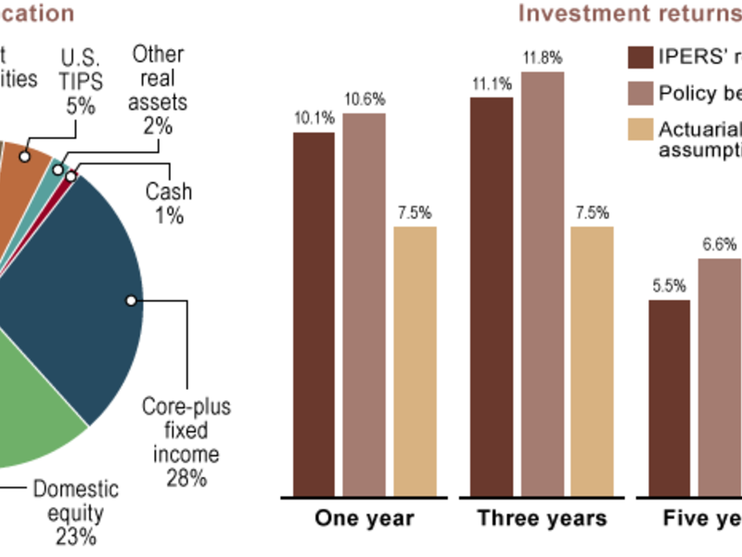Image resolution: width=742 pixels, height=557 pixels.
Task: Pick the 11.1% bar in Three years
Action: pyautogui.click(x=492, y=296)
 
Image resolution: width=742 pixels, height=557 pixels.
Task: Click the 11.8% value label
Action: pyautogui.click(x=542, y=58)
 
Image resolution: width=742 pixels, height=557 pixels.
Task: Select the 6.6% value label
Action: pyautogui.click(x=719, y=245)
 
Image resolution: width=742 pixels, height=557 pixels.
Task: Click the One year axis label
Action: pyautogui.click(x=365, y=518)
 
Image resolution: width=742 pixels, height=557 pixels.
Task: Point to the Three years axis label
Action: pyautogui.click(x=542, y=518)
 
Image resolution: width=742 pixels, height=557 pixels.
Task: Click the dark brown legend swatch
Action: pyautogui.click(x=639, y=58)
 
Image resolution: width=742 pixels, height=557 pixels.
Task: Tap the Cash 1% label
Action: pyautogui.click(x=169, y=203)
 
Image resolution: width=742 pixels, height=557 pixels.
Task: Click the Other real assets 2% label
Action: pyautogui.click(x=159, y=89)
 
